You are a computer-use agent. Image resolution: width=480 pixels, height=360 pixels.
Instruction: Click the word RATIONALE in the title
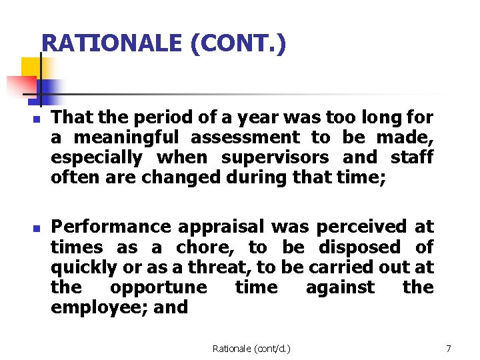tap(111, 44)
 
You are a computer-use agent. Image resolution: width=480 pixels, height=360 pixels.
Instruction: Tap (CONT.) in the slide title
tap(238, 44)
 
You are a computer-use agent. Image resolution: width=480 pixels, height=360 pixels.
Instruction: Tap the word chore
tap(201, 247)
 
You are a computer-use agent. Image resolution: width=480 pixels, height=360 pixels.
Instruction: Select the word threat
tap(219, 267)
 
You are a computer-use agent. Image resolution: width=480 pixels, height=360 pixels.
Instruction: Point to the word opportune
tap(159, 287)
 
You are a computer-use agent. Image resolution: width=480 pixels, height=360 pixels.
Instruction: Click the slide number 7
tap(449, 349)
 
